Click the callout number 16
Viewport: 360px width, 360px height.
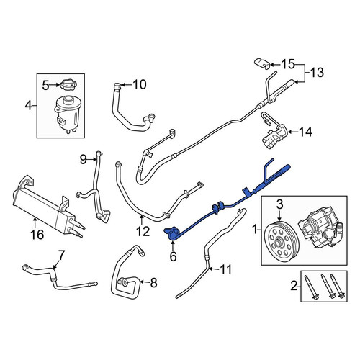click(x=37, y=234)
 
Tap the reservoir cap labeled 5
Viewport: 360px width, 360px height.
click(x=67, y=84)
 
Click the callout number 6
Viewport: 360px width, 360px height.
click(x=173, y=256)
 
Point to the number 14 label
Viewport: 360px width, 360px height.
click(x=305, y=132)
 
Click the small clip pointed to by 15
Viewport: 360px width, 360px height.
click(x=262, y=64)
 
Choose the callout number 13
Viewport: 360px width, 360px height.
click(x=317, y=72)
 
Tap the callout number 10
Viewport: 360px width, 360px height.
click(x=140, y=84)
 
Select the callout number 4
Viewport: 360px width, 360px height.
click(x=28, y=105)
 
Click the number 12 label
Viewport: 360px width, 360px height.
click(x=143, y=231)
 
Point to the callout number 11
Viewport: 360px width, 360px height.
click(x=226, y=269)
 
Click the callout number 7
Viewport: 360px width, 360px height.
click(x=61, y=255)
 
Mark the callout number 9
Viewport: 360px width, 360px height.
click(x=84, y=159)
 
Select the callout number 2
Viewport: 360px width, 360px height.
click(x=294, y=286)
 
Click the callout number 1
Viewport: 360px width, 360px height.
click(x=255, y=230)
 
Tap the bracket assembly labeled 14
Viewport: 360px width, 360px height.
click(x=274, y=131)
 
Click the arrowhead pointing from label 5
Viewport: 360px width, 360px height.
click(x=58, y=84)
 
